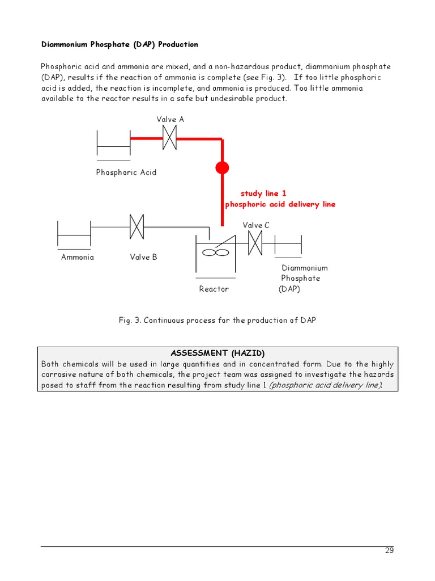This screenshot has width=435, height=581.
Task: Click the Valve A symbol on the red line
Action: click(x=169, y=138)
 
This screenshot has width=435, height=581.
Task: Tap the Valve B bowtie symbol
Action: click(x=137, y=227)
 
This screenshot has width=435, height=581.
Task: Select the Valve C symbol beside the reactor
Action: click(x=255, y=243)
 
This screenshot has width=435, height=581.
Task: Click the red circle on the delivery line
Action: click(x=222, y=168)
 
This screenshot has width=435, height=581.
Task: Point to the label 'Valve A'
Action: click(x=170, y=120)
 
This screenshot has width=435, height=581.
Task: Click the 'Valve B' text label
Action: click(x=143, y=257)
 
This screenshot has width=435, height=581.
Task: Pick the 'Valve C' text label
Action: click(x=256, y=225)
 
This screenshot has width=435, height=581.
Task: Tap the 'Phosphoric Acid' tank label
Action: click(x=126, y=172)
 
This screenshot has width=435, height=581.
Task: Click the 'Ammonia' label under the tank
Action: click(x=78, y=257)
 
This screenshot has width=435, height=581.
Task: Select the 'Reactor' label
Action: click(x=214, y=289)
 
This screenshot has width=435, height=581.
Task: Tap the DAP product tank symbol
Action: click(x=288, y=244)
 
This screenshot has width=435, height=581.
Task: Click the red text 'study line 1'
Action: click(x=263, y=193)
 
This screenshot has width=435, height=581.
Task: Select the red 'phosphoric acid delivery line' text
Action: click(x=280, y=204)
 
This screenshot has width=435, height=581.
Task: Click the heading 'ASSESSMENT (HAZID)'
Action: click(x=217, y=353)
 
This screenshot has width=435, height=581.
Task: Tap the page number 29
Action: click(x=389, y=550)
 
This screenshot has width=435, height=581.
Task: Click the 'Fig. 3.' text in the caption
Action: click(x=130, y=321)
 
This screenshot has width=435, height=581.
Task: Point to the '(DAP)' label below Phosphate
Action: click(x=289, y=289)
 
